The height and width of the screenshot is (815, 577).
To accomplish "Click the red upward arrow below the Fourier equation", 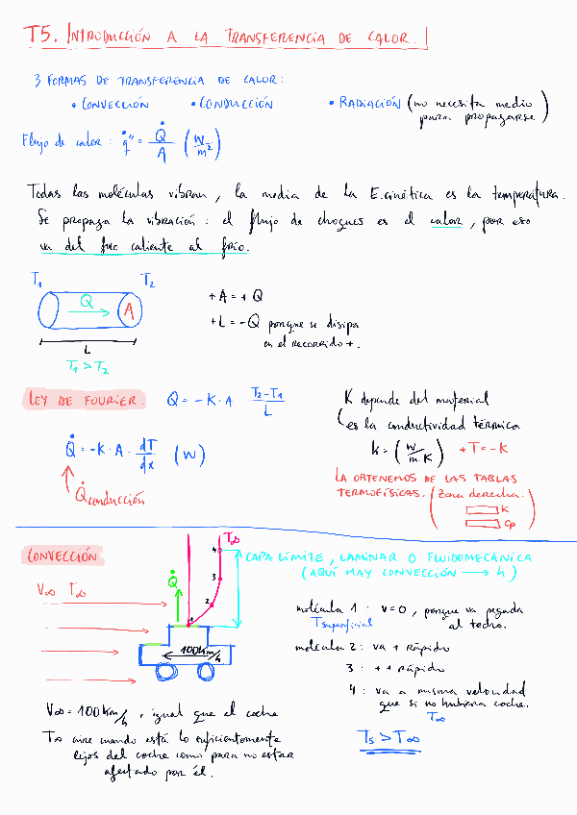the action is point(68,479).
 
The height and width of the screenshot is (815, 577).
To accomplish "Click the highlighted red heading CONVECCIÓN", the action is point(63,556).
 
